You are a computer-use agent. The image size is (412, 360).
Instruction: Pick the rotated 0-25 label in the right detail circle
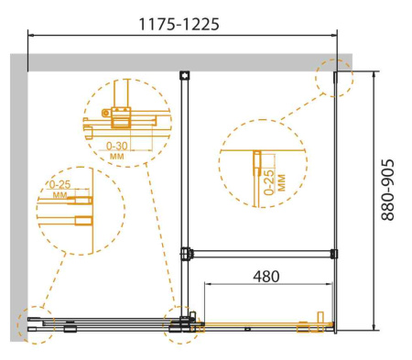pyautogui.click(x=269, y=183)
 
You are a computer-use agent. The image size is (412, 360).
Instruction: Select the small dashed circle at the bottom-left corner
pyautogui.click(x=36, y=324)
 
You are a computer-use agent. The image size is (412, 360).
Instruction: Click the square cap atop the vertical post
pyautogui.click(x=184, y=76)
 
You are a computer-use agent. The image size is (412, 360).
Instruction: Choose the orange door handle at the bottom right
pyautogui.click(x=320, y=318)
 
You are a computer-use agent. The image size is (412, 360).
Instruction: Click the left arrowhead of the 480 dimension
pyautogui.click(x=207, y=285)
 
